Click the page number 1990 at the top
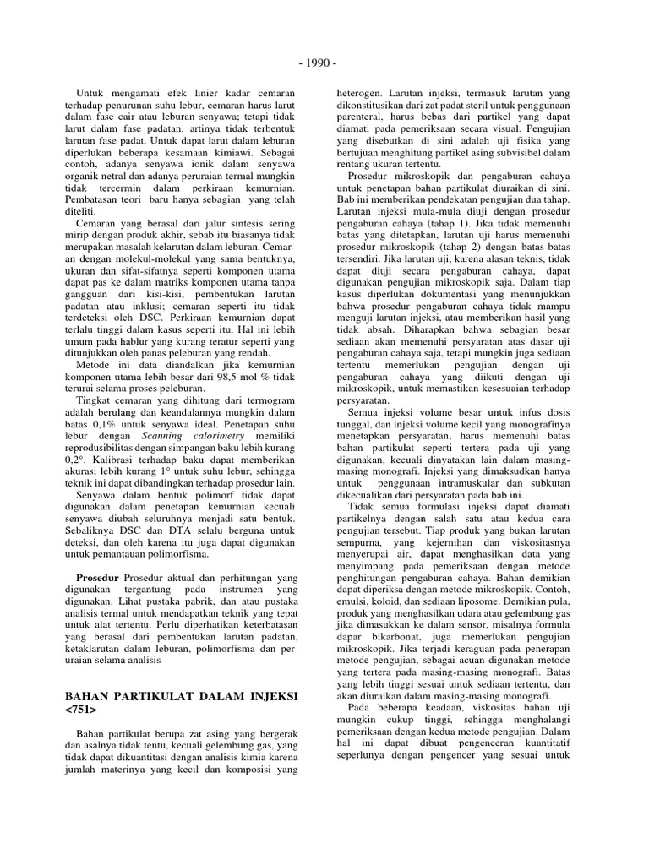[x=324, y=63]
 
